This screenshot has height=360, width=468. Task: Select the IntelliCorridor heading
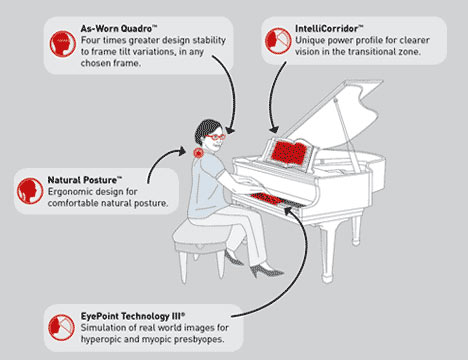tap(329, 28)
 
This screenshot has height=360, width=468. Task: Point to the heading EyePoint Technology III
tap(133, 316)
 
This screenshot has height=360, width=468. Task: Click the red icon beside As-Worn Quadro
tap(63, 44)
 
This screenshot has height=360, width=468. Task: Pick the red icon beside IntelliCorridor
tap(278, 41)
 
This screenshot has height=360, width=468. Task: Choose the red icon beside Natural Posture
tap(30, 191)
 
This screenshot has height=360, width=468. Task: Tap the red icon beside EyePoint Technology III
tap(61, 327)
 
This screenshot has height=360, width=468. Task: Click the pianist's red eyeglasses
tap(215, 137)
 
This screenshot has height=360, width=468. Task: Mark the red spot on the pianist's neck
tap(199, 153)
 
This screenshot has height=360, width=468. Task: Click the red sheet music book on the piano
tap(289, 153)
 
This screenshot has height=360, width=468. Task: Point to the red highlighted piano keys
tap(267, 199)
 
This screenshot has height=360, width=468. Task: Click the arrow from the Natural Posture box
tap(159, 159)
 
